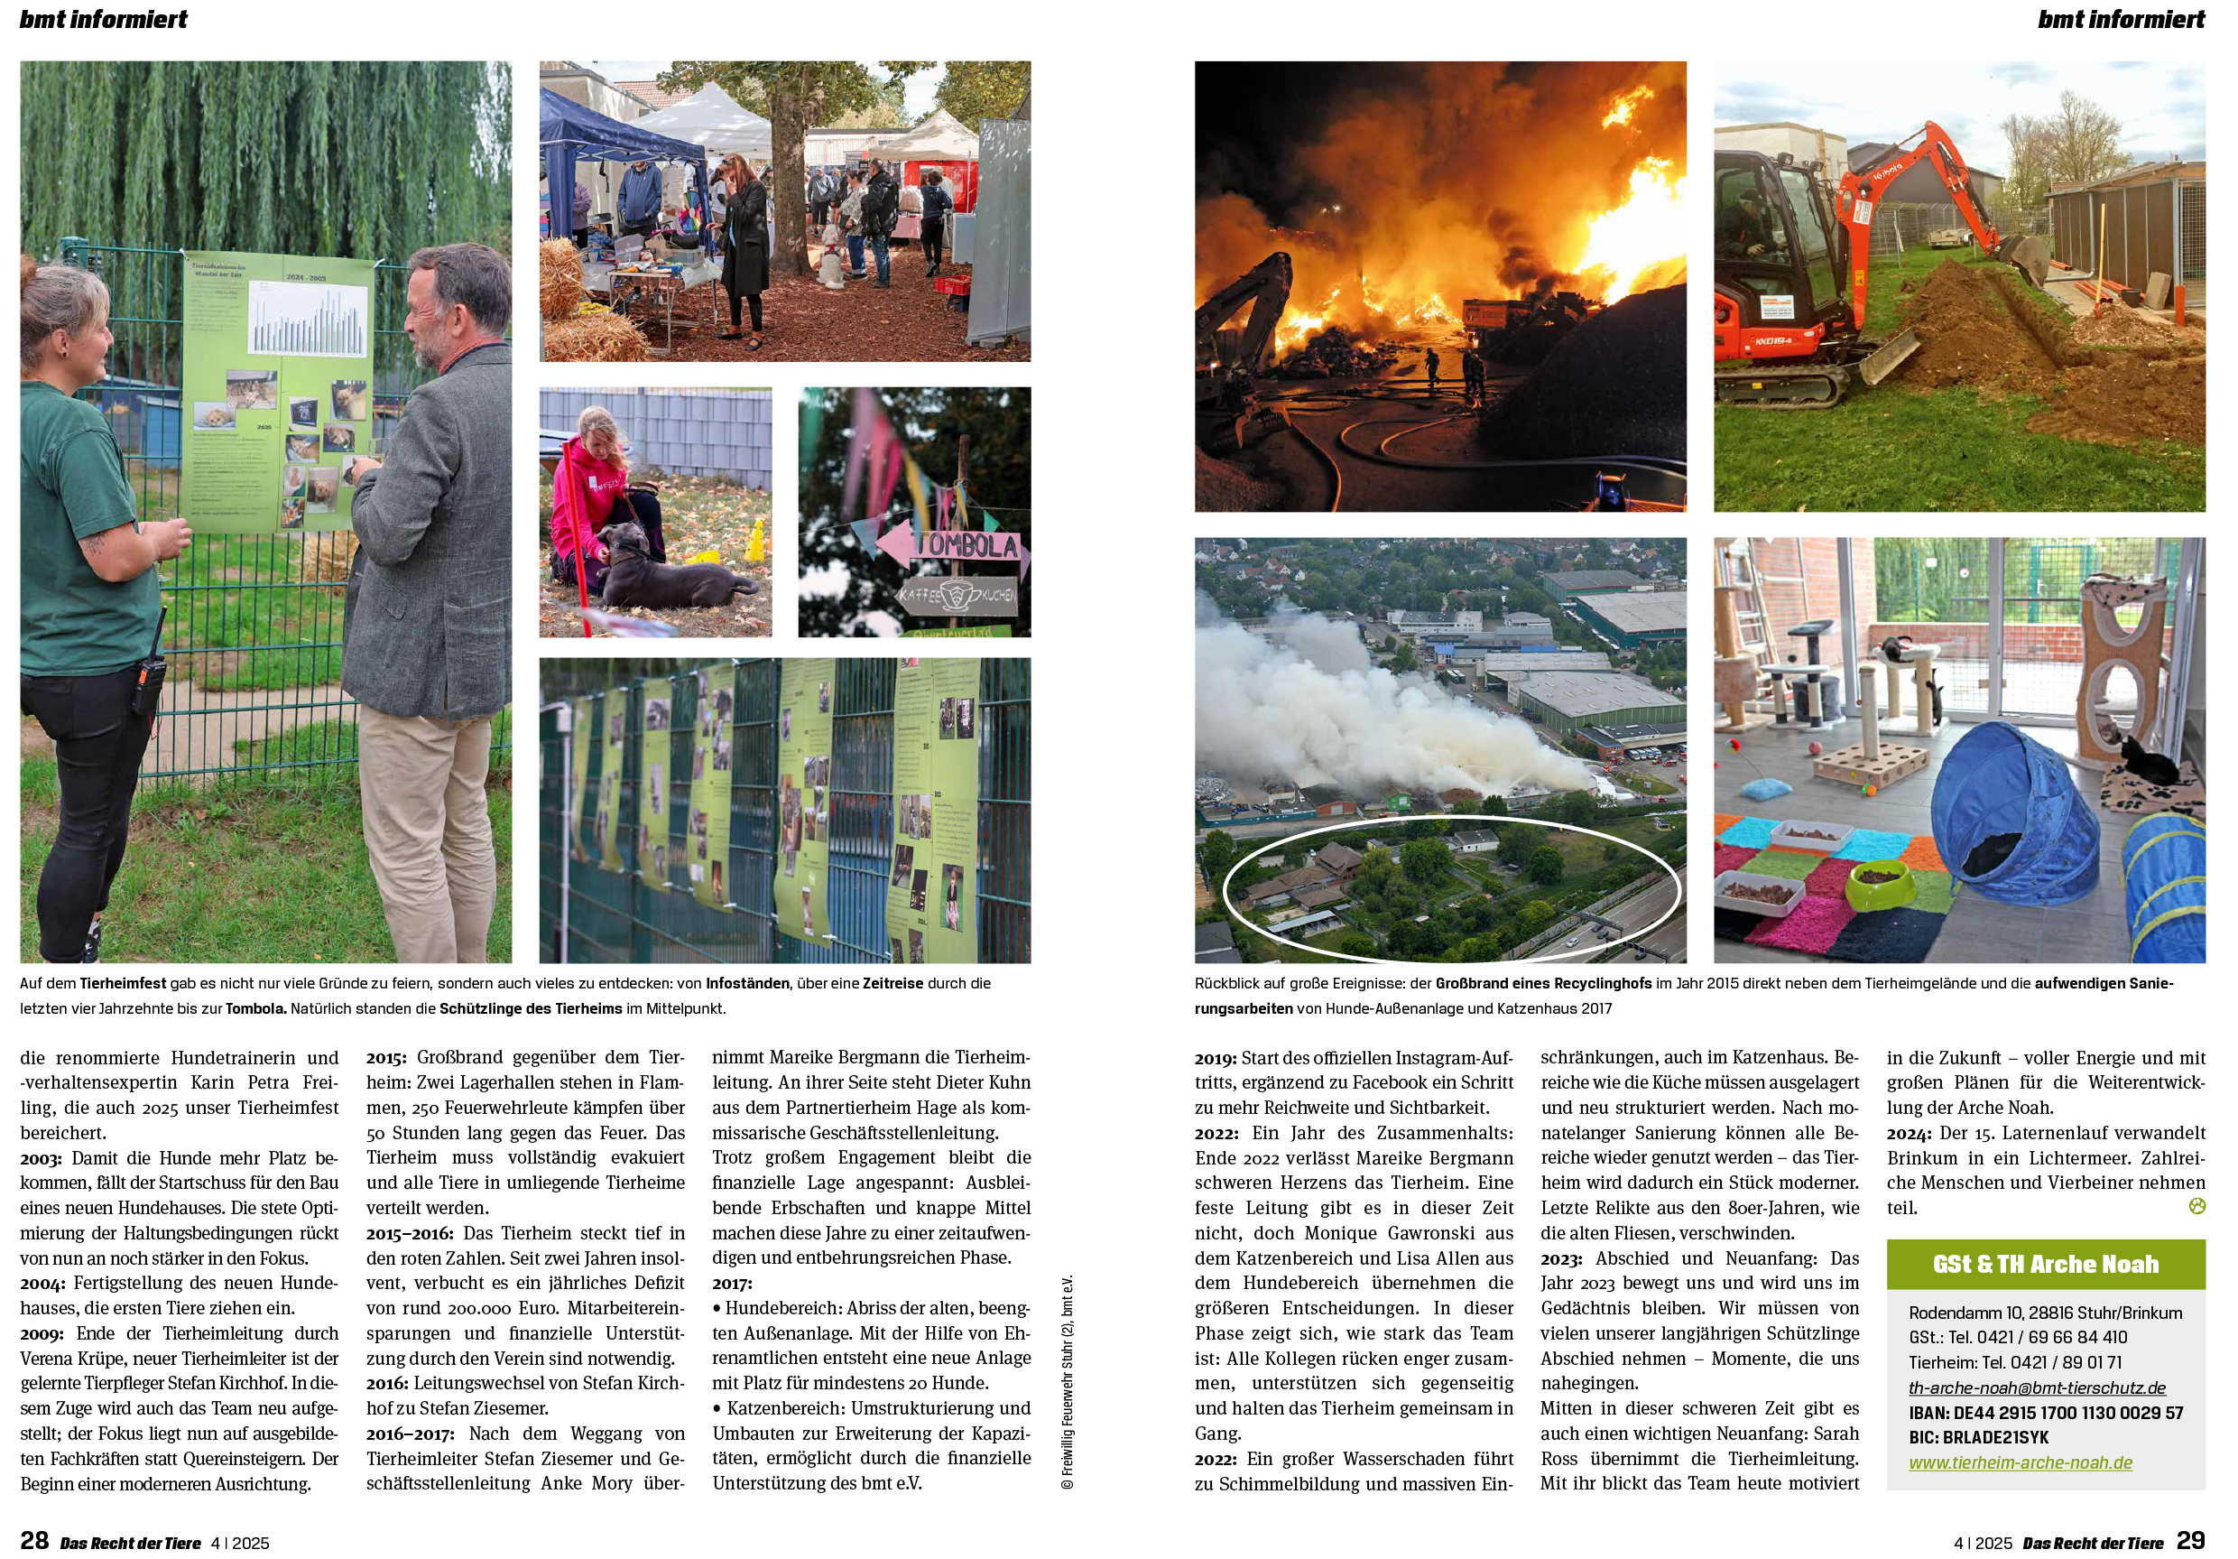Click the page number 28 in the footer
[34, 1539]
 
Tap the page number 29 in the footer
[2190, 1539]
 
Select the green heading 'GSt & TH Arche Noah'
[2045, 1264]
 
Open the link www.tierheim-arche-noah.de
[2020, 1462]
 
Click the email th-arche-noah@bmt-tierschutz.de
[2037, 1387]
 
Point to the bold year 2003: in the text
[41, 1158]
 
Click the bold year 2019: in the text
[1216, 1058]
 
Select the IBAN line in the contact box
[2045, 1413]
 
